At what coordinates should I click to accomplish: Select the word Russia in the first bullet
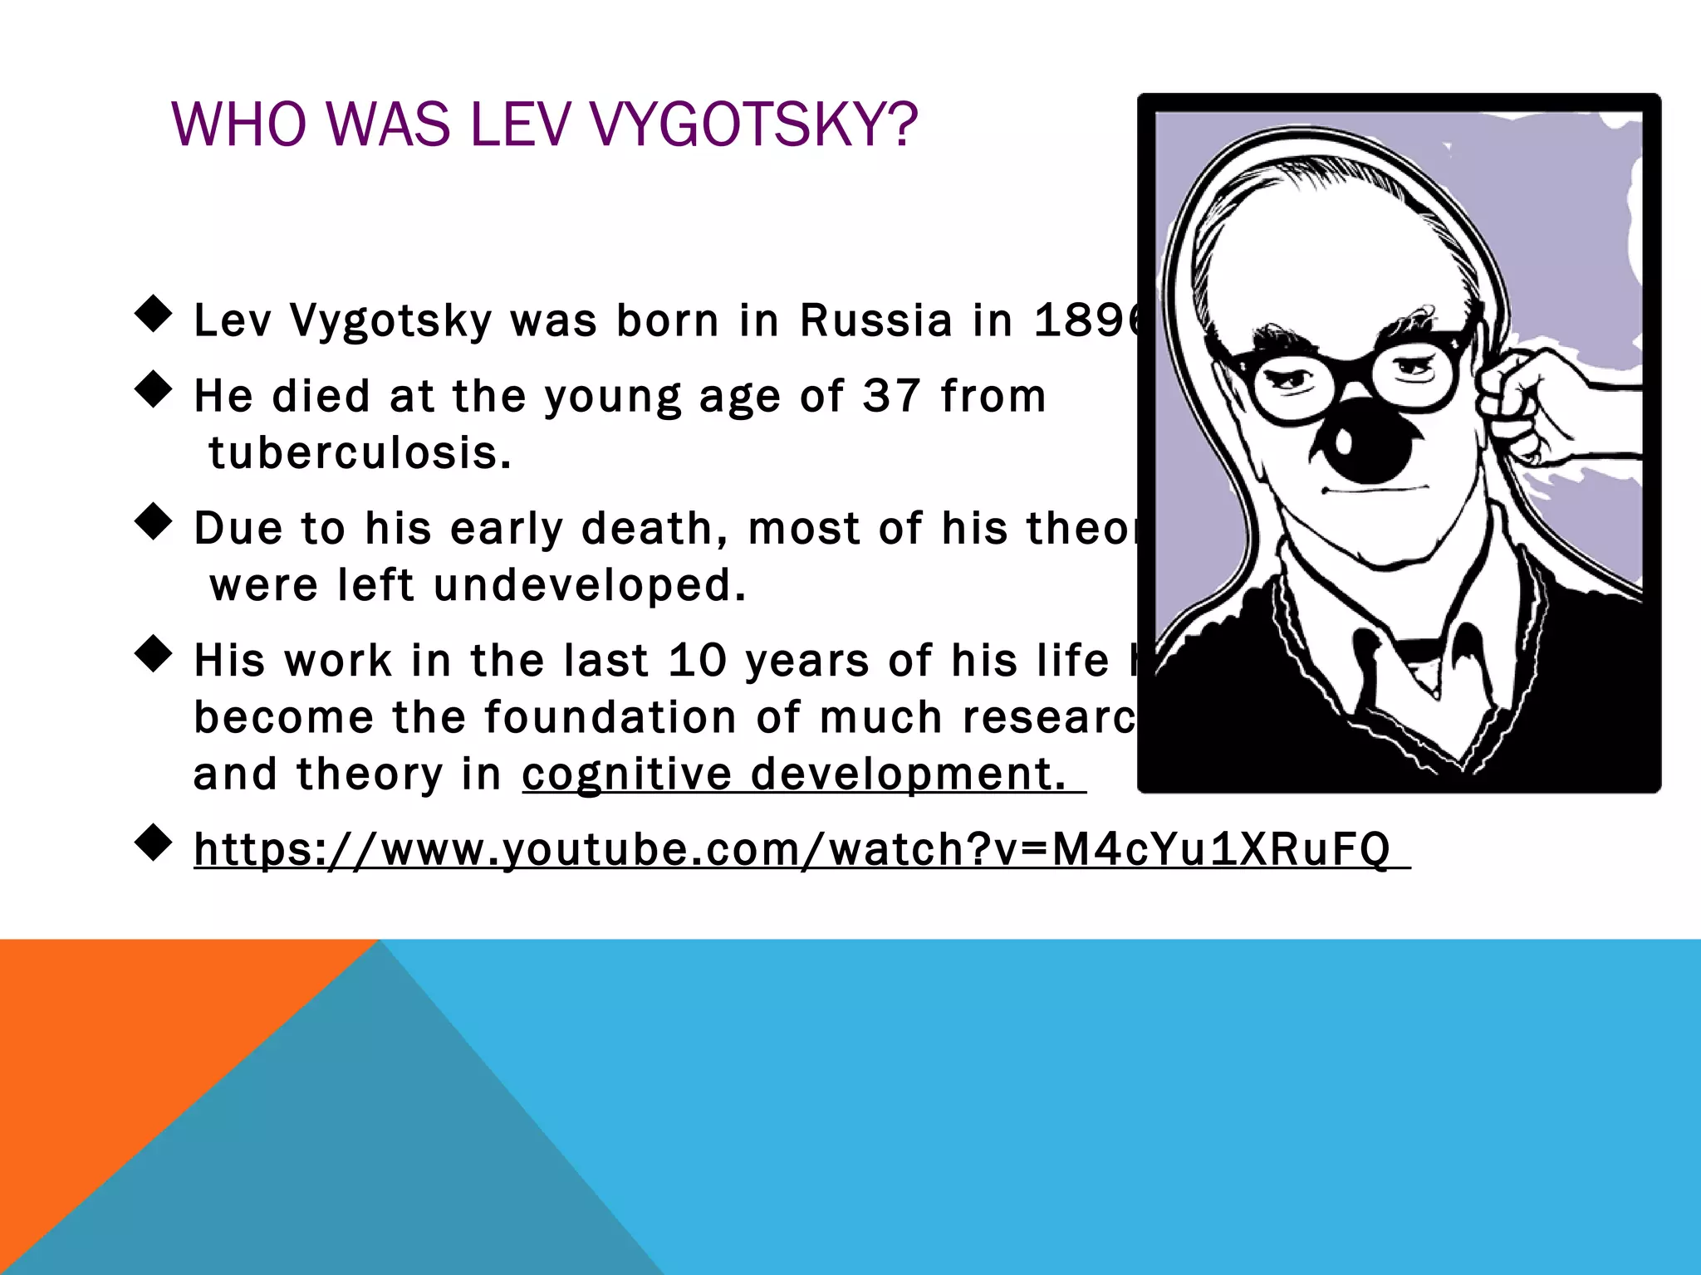[875, 320]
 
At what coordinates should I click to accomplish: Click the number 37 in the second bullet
[891, 395]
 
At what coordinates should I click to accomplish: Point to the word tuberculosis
[360, 453]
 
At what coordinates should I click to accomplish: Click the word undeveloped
[590, 585]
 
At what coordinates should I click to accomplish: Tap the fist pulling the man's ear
[1520, 407]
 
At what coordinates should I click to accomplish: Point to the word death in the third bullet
[653, 529]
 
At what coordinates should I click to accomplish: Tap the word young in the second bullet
[612, 397]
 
